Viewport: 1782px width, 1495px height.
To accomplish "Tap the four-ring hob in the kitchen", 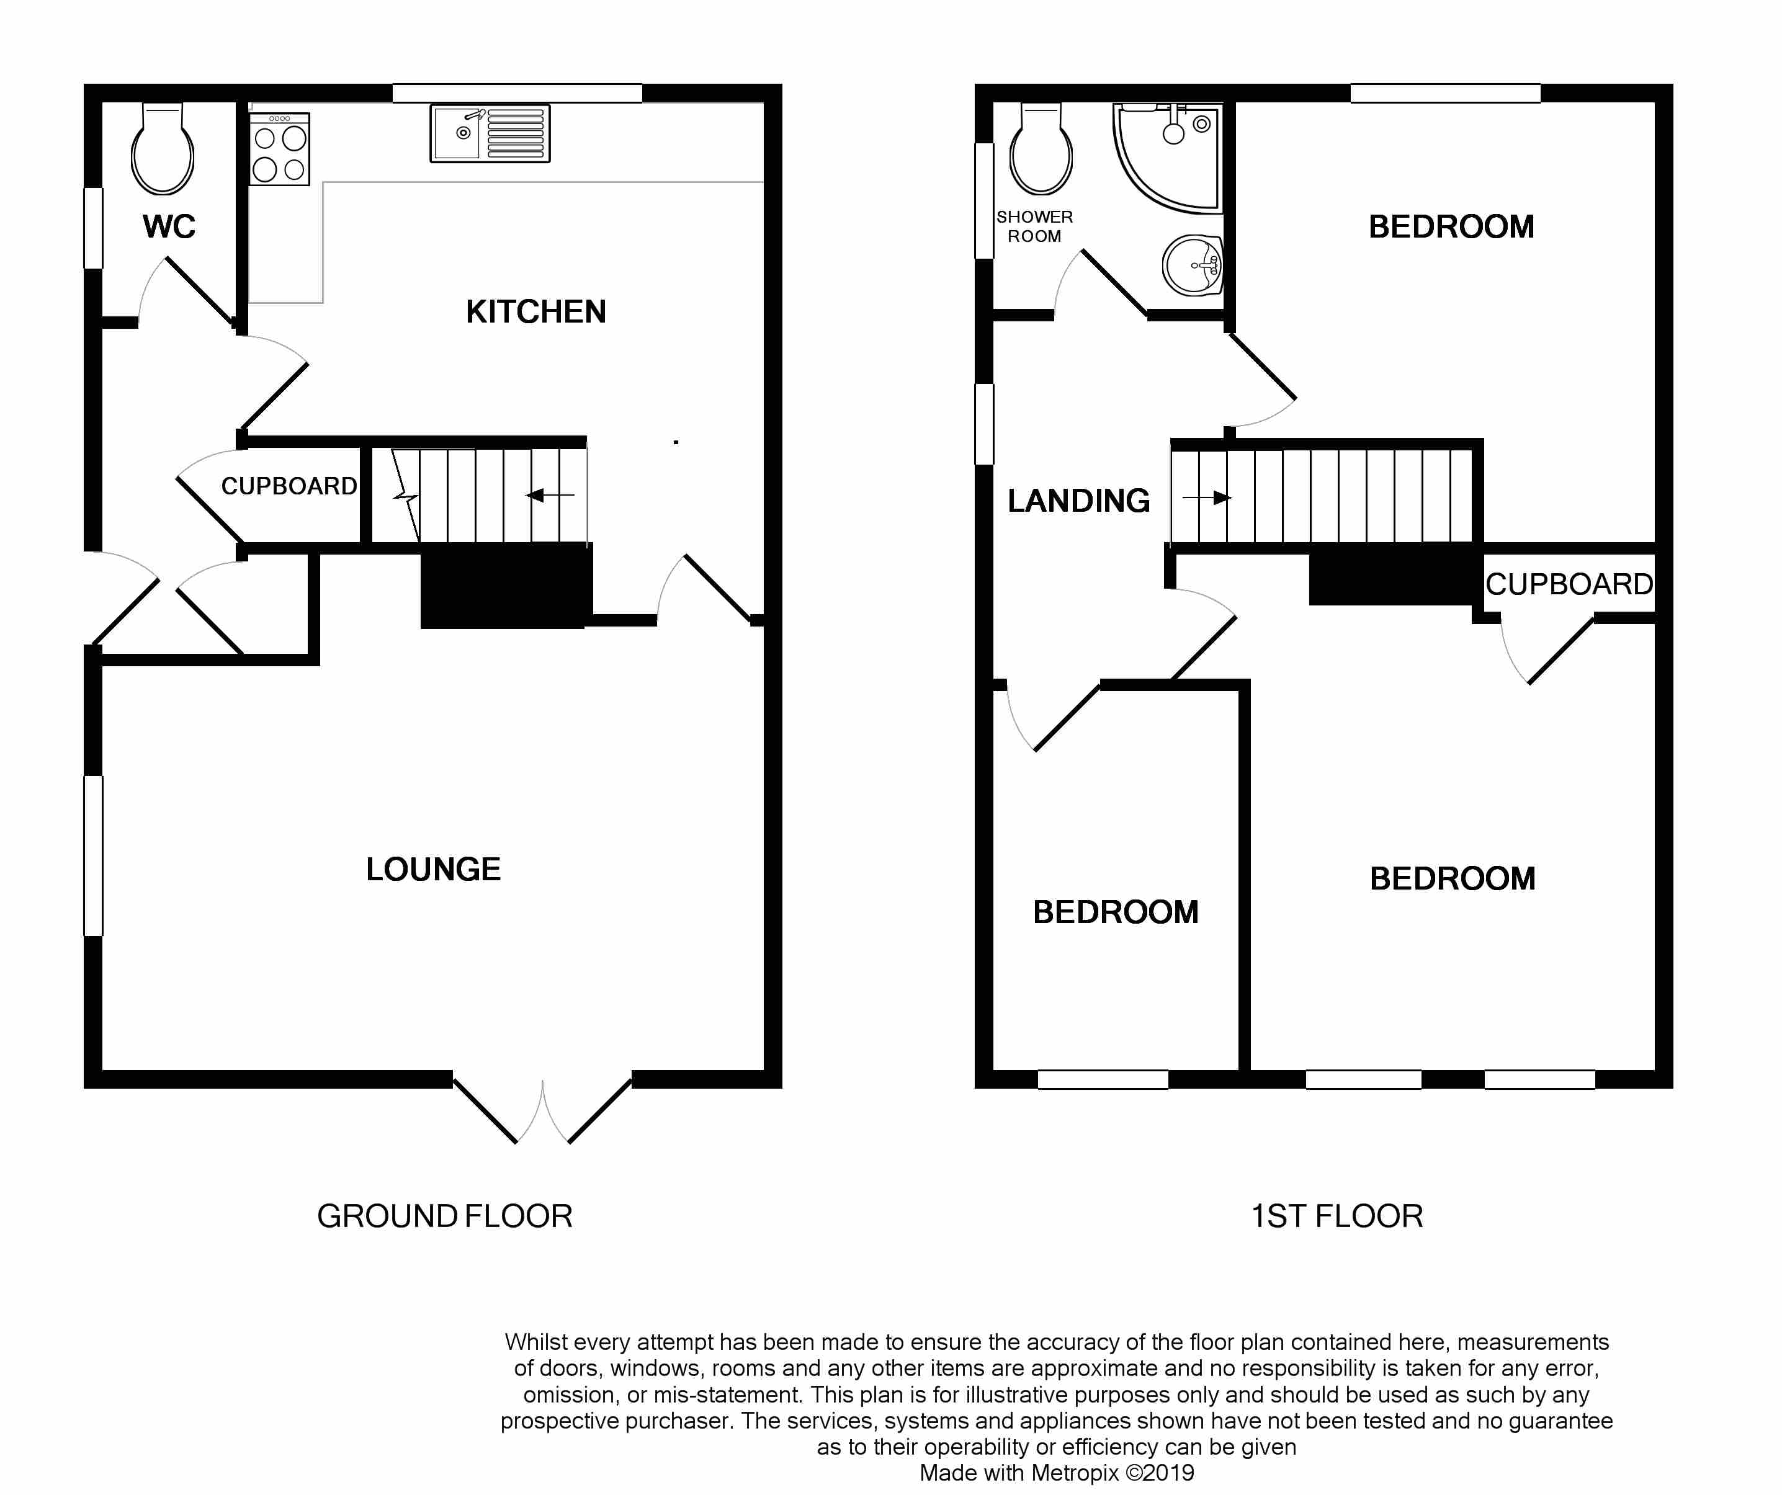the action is (279, 149).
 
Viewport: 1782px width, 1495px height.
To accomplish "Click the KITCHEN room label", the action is (535, 311).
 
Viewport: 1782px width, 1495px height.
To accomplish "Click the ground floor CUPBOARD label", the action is (289, 486).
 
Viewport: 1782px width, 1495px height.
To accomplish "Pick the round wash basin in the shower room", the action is (1193, 265).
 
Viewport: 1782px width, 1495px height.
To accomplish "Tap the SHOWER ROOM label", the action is (1034, 226).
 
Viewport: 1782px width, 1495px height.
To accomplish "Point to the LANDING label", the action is (1078, 501).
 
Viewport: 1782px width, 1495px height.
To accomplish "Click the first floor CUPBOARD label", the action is (1569, 584).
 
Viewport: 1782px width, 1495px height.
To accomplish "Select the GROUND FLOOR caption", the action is (445, 1216).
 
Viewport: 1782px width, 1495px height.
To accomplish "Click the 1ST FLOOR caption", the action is (1336, 1216).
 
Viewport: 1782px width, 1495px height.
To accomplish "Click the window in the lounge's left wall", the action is (93, 855).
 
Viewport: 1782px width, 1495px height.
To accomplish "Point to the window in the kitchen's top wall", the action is (517, 93).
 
